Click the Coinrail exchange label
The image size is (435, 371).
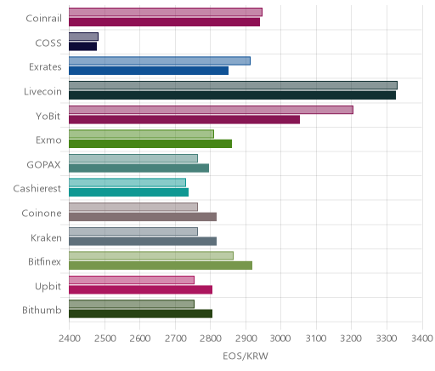coord(43,19)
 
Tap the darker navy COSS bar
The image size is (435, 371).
coord(82,47)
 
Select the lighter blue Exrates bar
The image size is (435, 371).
coord(160,60)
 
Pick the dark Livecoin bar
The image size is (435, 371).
coord(232,95)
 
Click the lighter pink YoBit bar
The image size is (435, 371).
coord(211,110)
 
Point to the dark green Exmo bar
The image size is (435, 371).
coord(150,144)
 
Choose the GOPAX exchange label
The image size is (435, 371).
coord(43,165)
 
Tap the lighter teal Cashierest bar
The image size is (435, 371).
coord(127,182)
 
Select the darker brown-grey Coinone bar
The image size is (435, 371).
coord(143,217)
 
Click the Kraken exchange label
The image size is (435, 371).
coord(46,237)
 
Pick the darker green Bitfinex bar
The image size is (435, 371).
coord(161,265)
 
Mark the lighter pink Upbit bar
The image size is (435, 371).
coord(132,280)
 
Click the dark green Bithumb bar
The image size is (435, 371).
coord(140,314)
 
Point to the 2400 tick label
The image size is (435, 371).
coord(69,339)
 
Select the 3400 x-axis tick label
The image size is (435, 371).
coord(422,339)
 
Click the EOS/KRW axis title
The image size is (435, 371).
coord(246,357)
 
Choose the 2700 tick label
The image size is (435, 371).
coord(175,339)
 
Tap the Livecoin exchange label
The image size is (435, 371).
coord(42,92)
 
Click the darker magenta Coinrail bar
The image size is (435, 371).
coord(164,22)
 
